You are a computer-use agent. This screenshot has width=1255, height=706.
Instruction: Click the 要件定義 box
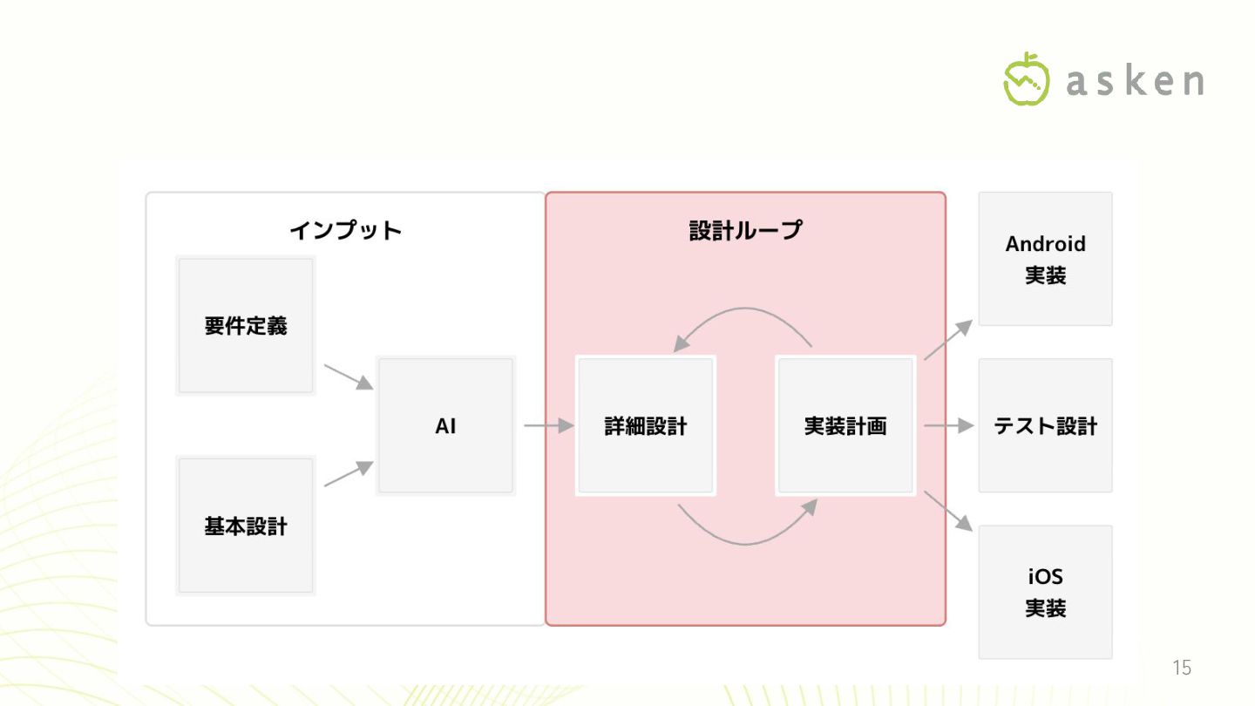pos(246,325)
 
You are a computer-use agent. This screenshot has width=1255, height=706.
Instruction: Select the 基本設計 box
pos(246,526)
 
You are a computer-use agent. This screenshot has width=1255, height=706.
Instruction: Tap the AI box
pos(445,426)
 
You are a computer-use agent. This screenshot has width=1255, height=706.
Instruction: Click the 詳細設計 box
pos(646,426)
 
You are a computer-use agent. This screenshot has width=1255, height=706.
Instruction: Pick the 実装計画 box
pos(845,426)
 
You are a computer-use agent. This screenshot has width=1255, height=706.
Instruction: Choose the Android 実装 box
pos(1045,259)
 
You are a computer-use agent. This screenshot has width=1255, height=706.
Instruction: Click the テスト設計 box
pos(1045,426)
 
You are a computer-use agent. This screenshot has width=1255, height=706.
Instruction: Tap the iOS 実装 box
pos(1045,592)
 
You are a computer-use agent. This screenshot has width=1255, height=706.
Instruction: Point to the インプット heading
pos(346,231)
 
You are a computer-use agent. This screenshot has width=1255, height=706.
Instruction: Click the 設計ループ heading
pos(745,231)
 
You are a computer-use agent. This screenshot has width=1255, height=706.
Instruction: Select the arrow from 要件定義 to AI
pos(348,377)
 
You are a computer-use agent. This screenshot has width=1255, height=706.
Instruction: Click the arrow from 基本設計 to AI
pos(348,474)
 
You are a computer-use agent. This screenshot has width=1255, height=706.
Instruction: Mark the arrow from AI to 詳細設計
pos(548,426)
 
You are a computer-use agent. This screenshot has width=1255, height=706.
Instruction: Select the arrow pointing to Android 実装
pos(947,340)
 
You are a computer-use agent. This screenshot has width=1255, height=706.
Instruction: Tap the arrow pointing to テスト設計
pos(947,426)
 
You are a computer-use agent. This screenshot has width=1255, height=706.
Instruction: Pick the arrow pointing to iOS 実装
pos(947,511)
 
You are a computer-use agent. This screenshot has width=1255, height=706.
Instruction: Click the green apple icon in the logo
pos(1027,79)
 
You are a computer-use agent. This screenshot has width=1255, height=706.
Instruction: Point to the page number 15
pos(1181,669)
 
